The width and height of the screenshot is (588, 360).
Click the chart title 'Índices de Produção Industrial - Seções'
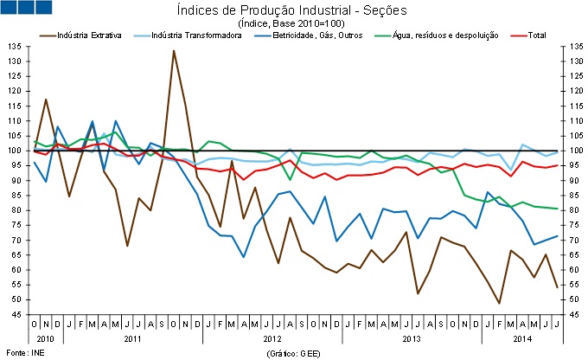pyautogui.click(x=294, y=10)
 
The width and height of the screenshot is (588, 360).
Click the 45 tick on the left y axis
pyautogui.click(x=16, y=314)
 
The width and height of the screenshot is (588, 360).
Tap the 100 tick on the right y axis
pyautogui.click(x=575, y=151)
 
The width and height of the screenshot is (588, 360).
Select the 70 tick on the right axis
pyautogui.click(x=573, y=240)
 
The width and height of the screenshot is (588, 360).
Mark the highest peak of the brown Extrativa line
pyautogui.click(x=174, y=50)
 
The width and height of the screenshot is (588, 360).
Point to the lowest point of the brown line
pyautogui.click(x=500, y=303)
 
